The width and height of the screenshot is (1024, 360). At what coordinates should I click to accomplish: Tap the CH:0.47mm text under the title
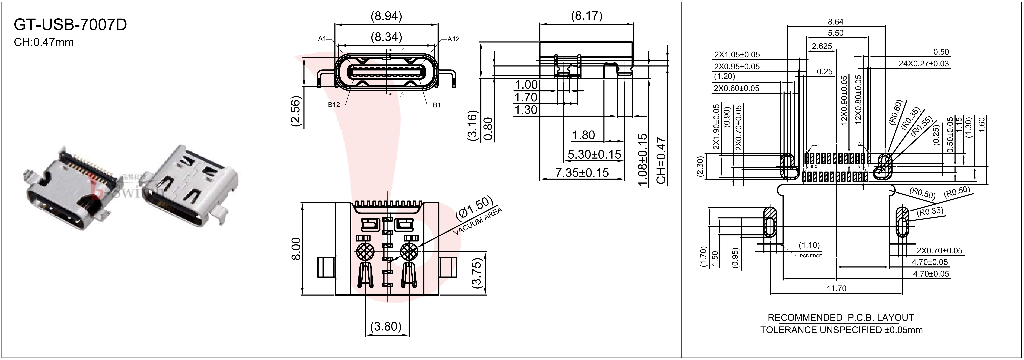[44, 42]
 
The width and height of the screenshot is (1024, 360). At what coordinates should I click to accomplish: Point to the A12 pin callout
[453, 39]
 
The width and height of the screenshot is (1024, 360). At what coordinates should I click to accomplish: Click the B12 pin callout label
[334, 105]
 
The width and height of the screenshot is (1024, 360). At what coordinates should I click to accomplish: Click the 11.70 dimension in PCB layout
[836, 288]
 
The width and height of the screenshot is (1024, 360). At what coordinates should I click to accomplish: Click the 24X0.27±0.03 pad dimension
[923, 64]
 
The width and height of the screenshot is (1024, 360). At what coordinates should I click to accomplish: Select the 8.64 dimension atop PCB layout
[836, 22]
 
